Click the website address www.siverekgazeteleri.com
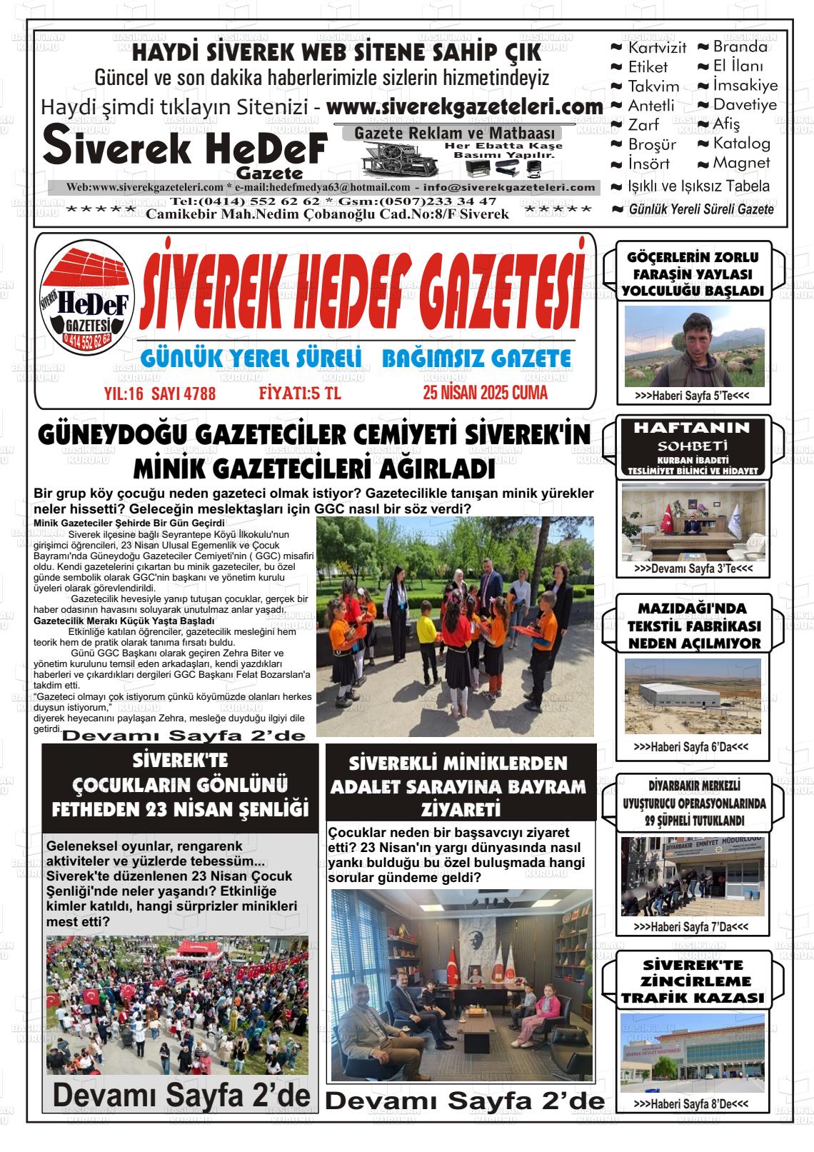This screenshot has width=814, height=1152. [465, 107]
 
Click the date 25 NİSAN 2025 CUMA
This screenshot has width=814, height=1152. [485, 393]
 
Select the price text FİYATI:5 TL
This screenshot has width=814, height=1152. [300, 394]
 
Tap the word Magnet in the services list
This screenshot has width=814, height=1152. [741, 163]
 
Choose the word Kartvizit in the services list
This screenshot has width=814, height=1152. [657, 48]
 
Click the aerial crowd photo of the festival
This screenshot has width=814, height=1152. [177, 1005]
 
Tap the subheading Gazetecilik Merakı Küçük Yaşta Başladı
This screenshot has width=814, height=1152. [124, 621]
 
